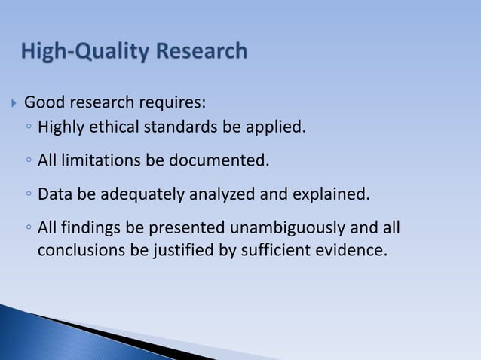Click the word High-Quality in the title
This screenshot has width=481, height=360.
pyautogui.click(x=83, y=52)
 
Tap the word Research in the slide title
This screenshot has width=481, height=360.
pyautogui.click(x=199, y=52)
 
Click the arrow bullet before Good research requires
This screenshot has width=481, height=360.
pyautogui.click(x=13, y=102)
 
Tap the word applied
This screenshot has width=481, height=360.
pyautogui.click(x=275, y=126)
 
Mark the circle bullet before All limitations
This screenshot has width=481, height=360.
pyautogui.click(x=28, y=161)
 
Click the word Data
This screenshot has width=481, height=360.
pyautogui.click(x=54, y=194)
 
